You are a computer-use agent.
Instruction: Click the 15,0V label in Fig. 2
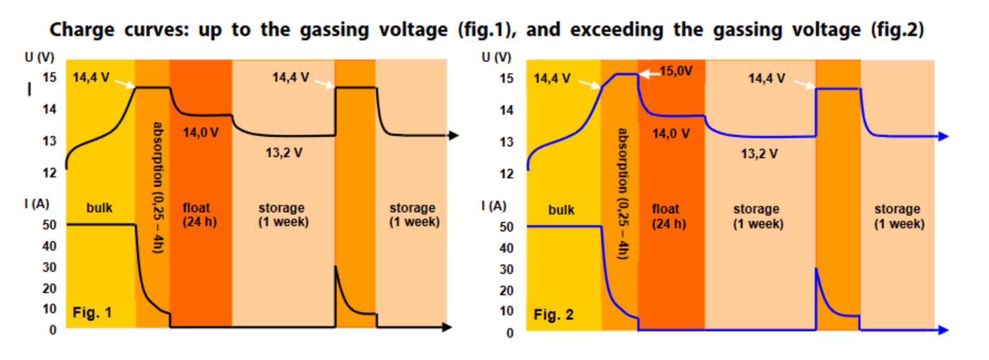676,71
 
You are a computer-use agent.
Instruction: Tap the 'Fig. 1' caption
92,313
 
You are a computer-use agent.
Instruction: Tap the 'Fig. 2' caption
553,315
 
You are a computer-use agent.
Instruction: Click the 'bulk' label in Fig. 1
99,208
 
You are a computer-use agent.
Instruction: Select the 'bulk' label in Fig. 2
561,210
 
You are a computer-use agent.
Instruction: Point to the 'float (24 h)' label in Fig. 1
200,215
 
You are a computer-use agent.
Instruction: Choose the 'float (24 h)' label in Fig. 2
669,216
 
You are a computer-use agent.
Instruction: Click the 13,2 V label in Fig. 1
284,153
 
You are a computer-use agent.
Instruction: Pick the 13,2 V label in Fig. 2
759,154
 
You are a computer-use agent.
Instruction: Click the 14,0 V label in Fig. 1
201,133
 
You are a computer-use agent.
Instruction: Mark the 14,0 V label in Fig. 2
671,134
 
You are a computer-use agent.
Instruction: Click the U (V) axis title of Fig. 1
39,57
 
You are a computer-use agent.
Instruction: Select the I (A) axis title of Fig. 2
493,205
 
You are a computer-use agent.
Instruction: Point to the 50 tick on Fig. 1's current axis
49,225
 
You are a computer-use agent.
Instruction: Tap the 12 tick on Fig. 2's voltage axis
506,174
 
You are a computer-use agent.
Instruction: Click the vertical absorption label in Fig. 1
158,187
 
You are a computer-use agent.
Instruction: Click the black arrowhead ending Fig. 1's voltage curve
453,135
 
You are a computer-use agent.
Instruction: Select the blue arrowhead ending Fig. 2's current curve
943,330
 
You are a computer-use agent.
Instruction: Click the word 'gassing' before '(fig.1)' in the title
334,30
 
